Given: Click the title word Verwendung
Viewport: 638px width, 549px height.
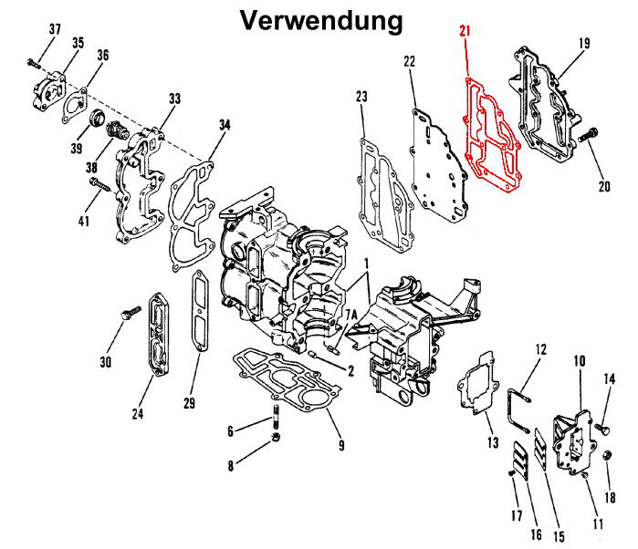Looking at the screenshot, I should coord(319,20).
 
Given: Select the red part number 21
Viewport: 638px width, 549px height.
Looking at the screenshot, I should coord(465,34).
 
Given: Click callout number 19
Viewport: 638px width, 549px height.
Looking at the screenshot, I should coord(584,42).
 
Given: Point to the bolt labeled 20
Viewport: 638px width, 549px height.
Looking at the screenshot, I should coord(587,137).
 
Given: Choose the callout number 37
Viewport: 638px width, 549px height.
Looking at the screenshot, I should coord(55,30).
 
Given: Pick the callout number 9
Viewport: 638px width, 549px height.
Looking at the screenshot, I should coord(340,445).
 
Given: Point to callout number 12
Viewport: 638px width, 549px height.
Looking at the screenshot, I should coord(539,348).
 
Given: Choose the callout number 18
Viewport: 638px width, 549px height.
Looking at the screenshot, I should coord(611,498).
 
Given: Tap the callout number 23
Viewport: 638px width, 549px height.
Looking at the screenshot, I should coord(361,97).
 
